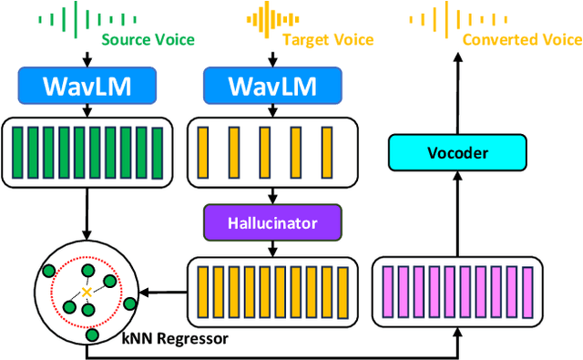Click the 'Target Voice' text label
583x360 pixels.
click(x=322, y=39)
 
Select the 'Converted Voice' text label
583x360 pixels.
click(x=522, y=39)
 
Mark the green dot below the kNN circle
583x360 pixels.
click(x=91, y=335)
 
